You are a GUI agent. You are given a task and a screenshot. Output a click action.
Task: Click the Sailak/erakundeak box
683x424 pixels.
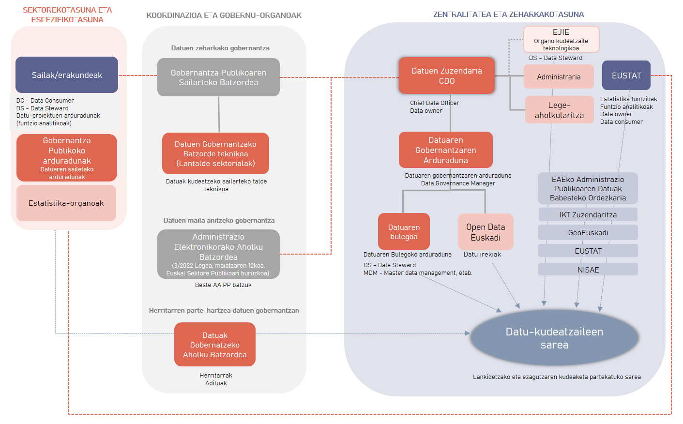click(x=67, y=75)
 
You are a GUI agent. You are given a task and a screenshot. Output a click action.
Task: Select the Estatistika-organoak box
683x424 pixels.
click(x=66, y=203)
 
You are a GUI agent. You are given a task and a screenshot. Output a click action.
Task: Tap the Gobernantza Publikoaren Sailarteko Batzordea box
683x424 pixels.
click(x=218, y=77)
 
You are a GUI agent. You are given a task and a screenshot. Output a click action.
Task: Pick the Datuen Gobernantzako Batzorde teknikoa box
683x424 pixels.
click(x=215, y=153)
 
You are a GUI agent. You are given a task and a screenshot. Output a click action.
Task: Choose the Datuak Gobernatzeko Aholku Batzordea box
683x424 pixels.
click(x=215, y=345)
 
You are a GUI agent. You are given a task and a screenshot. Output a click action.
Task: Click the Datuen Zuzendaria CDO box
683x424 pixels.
click(x=446, y=76)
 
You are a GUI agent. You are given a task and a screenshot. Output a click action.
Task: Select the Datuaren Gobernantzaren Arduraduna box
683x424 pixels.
click(x=445, y=150)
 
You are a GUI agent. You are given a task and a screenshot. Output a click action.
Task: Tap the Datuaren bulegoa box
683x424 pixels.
click(x=404, y=232)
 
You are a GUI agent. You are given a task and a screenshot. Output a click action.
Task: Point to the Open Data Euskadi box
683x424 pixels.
click(x=486, y=232)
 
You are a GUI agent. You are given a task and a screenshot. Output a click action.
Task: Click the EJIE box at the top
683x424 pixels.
click(x=561, y=39)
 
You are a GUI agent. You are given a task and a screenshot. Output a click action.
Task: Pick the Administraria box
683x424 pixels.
click(x=559, y=77)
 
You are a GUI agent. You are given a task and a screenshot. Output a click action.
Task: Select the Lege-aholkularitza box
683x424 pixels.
click(x=559, y=110)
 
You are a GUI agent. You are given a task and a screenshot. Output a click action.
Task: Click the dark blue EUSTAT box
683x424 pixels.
click(x=626, y=76)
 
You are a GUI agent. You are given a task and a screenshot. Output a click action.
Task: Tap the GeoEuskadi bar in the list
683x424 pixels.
click(x=588, y=233)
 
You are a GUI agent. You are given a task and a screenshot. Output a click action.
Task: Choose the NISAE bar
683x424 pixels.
click(x=588, y=270)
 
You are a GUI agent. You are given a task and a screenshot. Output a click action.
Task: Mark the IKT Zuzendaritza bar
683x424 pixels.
click(x=588, y=214)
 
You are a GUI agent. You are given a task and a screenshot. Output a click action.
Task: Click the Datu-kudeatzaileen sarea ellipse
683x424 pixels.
click(x=554, y=338)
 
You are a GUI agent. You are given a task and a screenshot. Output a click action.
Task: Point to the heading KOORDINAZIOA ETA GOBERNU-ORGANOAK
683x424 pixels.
click(x=224, y=15)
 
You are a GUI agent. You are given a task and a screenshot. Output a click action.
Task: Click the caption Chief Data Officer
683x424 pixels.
click(x=434, y=103)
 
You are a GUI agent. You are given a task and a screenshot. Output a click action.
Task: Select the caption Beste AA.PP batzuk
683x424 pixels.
click(x=223, y=285)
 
